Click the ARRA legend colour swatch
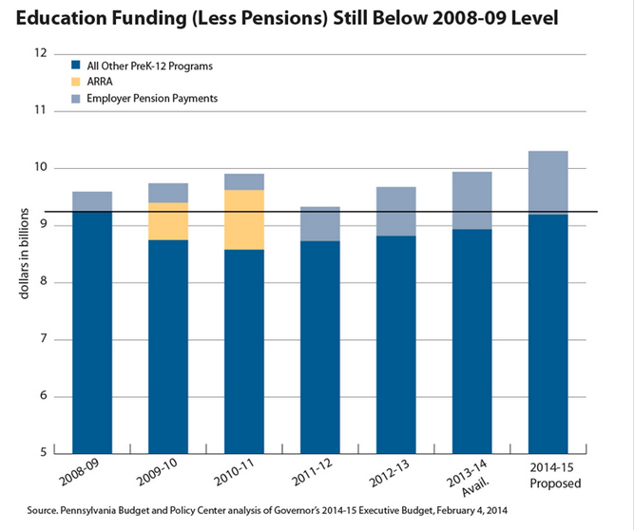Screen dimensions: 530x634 point(75,82)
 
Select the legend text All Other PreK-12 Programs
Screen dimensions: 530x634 point(148,66)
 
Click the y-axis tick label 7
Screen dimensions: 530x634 point(44,339)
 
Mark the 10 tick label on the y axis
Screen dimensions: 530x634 point(41,168)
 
